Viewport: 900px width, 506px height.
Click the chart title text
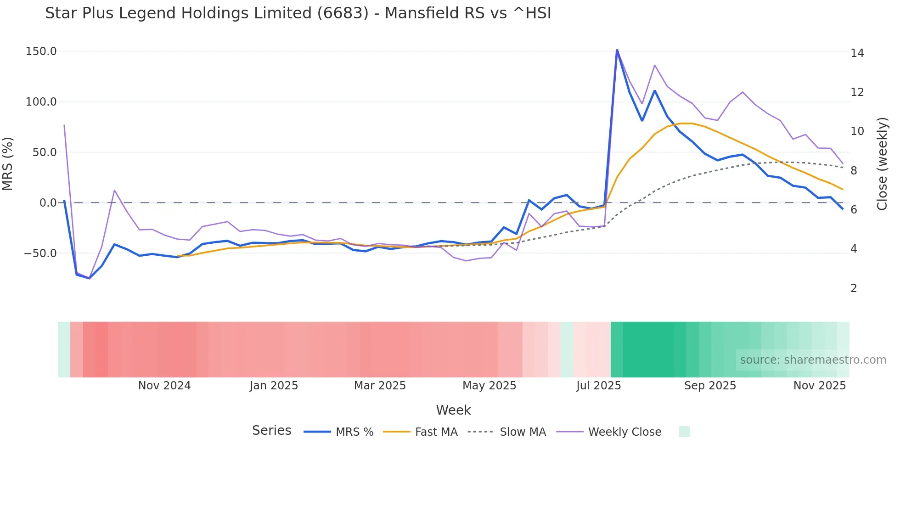pyautogui.click(x=298, y=13)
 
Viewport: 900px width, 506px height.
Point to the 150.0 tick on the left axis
pyautogui.click(x=41, y=51)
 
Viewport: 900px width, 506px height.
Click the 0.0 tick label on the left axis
pyautogui.click(x=48, y=203)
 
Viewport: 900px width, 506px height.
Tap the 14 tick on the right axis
pyautogui.click(x=857, y=53)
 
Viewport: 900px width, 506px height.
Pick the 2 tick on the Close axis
pyautogui.click(x=854, y=288)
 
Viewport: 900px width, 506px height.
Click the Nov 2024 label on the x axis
pyautogui.click(x=164, y=386)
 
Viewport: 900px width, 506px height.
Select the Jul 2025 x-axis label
pyautogui.click(x=598, y=386)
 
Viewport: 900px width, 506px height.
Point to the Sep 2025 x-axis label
pyautogui.click(x=710, y=386)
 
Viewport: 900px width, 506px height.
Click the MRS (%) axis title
pyautogui.click(x=8, y=163)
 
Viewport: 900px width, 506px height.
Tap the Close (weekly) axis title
pyautogui.click(x=882, y=163)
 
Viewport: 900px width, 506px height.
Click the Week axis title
pyautogui.click(x=453, y=410)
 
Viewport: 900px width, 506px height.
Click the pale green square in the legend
pyautogui.click(x=684, y=432)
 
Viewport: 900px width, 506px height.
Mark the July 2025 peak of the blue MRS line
pyautogui.click(x=617, y=50)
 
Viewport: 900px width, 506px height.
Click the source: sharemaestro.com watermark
pyautogui.click(x=813, y=360)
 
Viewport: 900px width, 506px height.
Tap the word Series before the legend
pyautogui.click(x=271, y=431)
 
